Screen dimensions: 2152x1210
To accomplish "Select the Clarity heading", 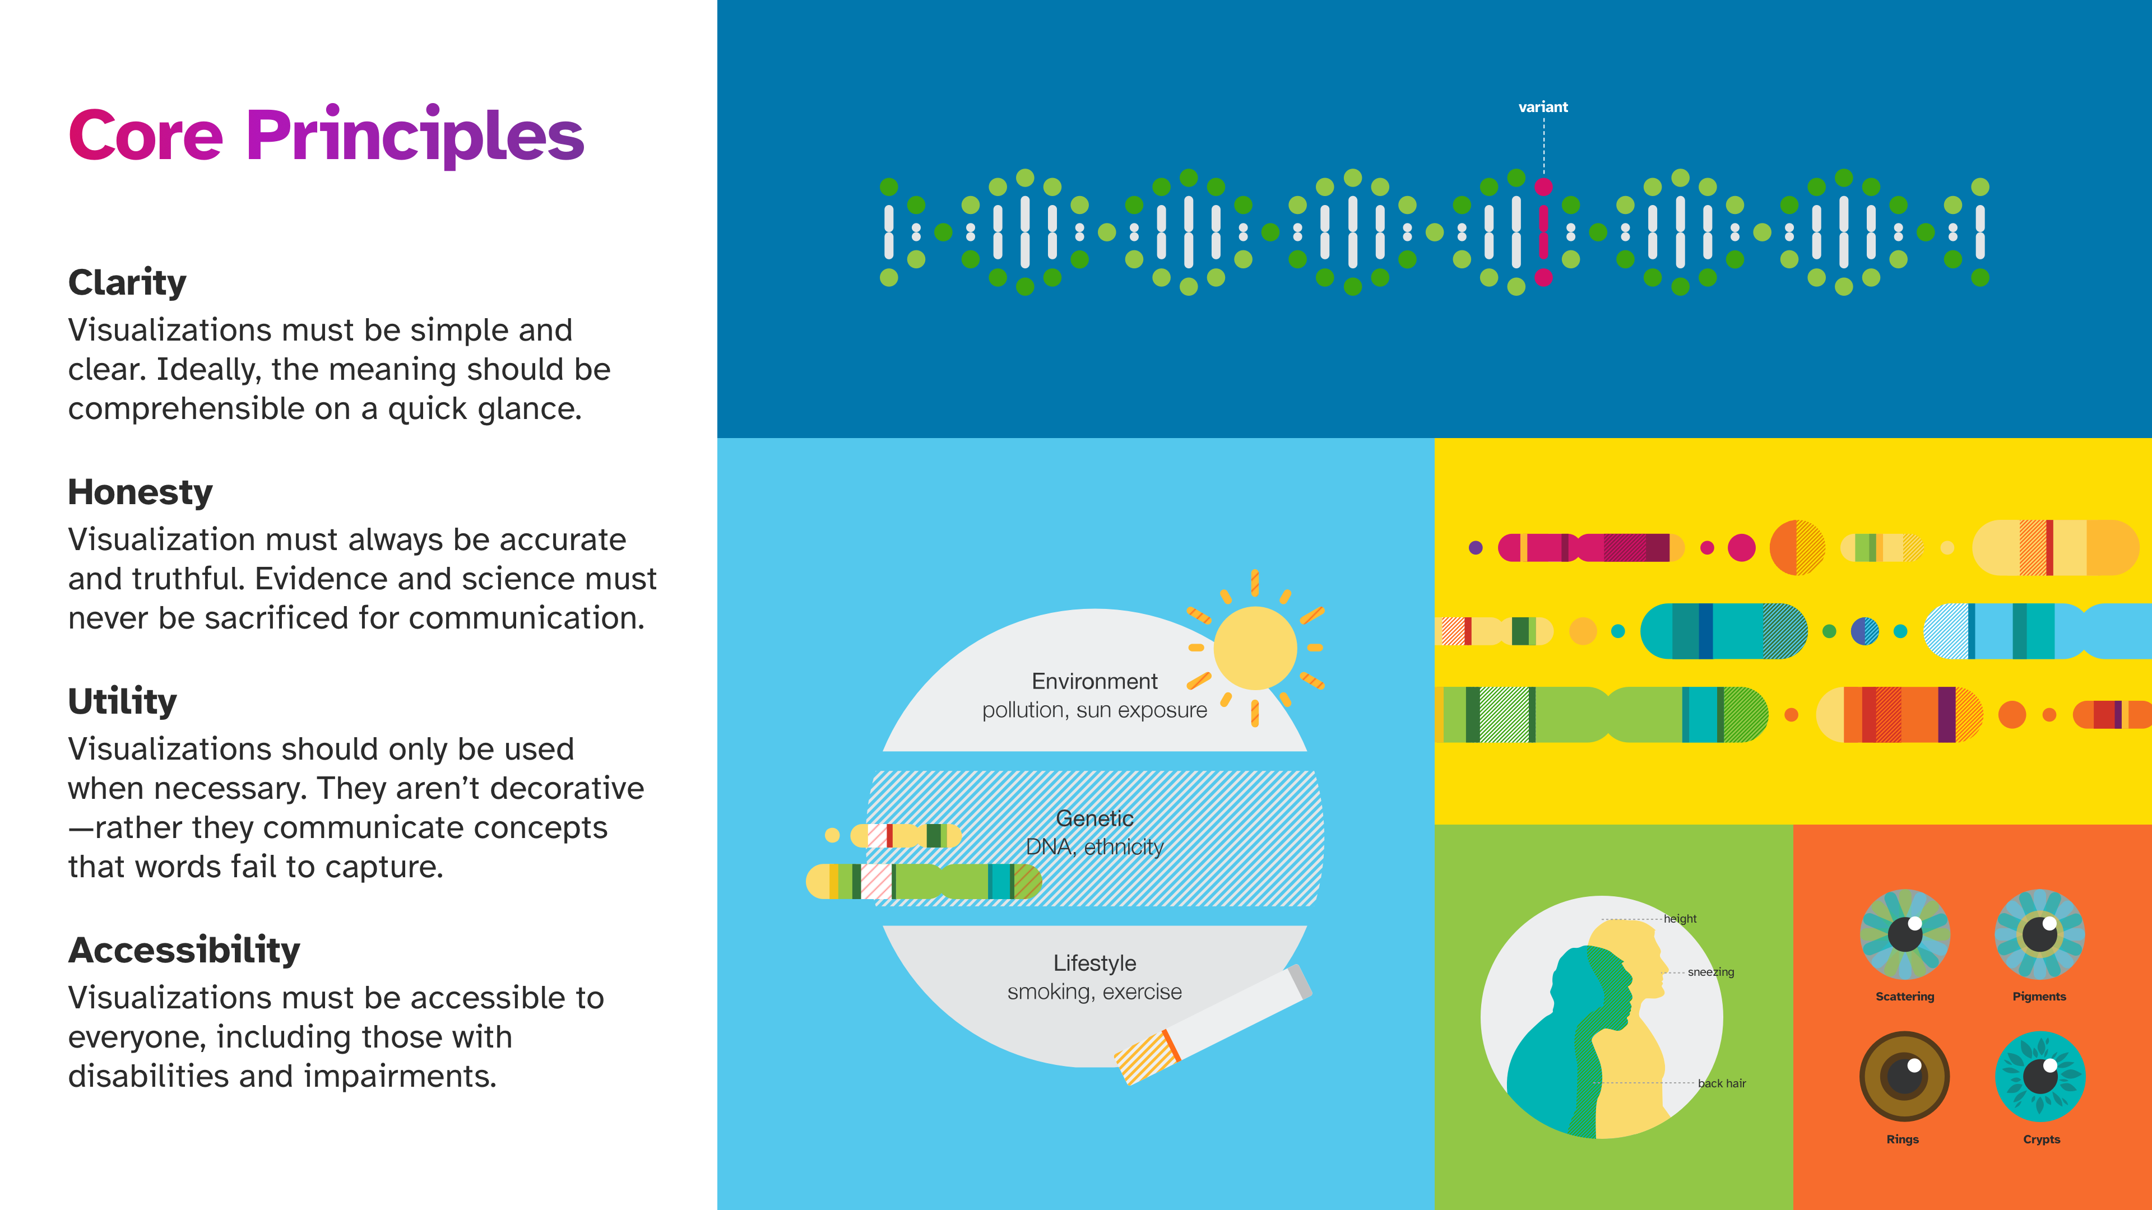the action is pyautogui.click(x=127, y=282).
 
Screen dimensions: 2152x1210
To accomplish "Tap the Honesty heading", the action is pyautogui.click(x=140, y=492).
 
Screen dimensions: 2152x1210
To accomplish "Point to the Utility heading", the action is pyautogui.click(x=123, y=701).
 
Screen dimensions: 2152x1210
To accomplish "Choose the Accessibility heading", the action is pyautogui.click(x=184, y=950).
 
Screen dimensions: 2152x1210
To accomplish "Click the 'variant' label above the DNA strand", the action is pyautogui.click(x=1543, y=107).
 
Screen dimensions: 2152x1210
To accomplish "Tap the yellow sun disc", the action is pyautogui.click(x=1255, y=648).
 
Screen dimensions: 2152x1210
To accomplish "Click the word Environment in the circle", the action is pyautogui.click(x=1094, y=681).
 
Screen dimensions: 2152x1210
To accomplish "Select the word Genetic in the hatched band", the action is pyautogui.click(x=1094, y=818).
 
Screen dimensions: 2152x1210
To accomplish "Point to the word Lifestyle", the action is pyautogui.click(x=1094, y=963).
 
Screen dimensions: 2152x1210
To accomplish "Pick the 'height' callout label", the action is pyautogui.click(x=1680, y=919).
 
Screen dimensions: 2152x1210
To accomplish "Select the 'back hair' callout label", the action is pyautogui.click(x=1722, y=1083).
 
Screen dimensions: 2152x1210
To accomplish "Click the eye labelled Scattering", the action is pyautogui.click(x=1905, y=934).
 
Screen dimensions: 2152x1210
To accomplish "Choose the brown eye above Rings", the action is pyautogui.click(x=1905, y=1076).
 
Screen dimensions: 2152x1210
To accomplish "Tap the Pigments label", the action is pyautogui.click(x=2039, y=996).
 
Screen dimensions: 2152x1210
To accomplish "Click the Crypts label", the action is pyautogui.click(x=2042, y=1139).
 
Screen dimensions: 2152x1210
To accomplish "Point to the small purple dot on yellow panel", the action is pyautogui.click(x=1476, y=548).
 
